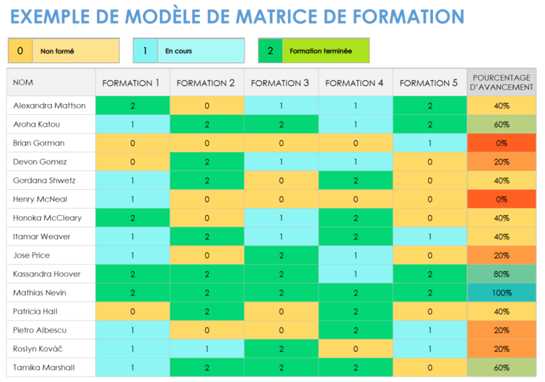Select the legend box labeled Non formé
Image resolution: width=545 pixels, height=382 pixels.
point(64,51)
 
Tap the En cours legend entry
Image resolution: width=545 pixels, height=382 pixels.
point(188,51)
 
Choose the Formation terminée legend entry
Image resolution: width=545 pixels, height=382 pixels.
point(313,51)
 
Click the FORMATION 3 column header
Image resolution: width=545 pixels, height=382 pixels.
point(281,83)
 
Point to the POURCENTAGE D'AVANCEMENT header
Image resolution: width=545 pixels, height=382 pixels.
point(501,82)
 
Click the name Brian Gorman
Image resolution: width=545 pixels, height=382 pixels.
point(39,143)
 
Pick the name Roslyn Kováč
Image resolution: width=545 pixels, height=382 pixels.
point(38,349)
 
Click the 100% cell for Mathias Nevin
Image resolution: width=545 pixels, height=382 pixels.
point(501,293)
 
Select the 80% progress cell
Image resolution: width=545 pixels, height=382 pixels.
point(501,274)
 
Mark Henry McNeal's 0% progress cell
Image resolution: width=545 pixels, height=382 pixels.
point(501,199)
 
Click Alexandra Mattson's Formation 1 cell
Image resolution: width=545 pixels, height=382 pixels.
point(133,106)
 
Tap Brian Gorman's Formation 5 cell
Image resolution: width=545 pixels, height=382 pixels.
point(430,143)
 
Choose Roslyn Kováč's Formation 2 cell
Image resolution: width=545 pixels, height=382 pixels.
point(206,349)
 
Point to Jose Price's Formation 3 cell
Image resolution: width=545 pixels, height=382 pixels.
point(281,255)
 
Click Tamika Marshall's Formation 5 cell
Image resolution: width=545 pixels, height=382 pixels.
point(430,367)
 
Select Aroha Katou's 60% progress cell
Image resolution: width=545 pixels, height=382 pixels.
point(501,125)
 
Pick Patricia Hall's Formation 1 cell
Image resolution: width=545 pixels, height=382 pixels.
point(133,311)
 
